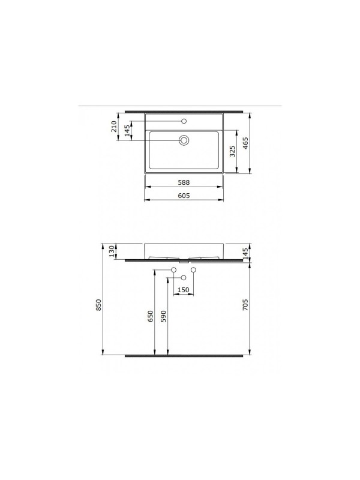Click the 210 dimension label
113,127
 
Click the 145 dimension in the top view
127,130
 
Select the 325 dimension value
232,151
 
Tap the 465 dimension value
245,143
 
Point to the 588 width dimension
184,182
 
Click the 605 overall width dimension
184,196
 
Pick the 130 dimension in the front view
112,251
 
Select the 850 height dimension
98,305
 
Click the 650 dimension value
151,316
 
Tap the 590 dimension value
163,316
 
